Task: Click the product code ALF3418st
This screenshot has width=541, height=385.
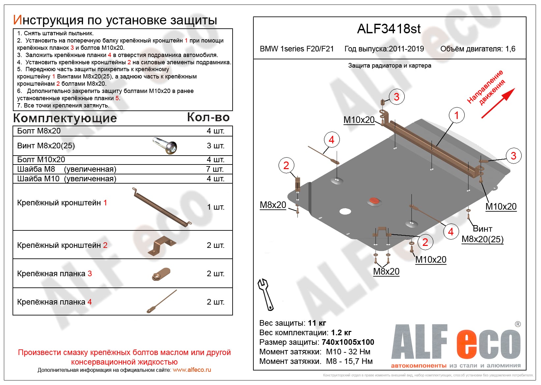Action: pos(389,29)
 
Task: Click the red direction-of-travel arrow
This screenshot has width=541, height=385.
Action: pos(498,103)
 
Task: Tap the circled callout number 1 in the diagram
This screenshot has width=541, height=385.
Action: pos(456,115)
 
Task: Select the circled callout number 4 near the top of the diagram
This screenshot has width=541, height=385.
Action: pos(331,140)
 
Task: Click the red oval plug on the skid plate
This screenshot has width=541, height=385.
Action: pos(374,201)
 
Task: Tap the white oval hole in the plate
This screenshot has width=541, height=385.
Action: pos(345,211)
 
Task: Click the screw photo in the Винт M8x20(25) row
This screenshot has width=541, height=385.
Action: pos(165,146)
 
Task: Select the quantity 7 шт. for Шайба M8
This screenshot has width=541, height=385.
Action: pos(215,169)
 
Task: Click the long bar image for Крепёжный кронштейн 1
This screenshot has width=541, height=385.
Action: pos(161,207)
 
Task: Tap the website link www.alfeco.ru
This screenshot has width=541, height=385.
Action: pos(192,370)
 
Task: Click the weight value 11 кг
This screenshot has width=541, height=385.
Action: pos(317,323)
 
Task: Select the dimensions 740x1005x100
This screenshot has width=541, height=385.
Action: pos(348,342)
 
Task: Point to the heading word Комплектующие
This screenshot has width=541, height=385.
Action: pos(65,118)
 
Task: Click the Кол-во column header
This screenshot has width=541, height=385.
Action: pos(208,117)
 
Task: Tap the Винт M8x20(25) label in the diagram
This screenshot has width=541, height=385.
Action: pos(482,234)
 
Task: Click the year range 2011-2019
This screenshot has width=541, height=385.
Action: pos(406,49)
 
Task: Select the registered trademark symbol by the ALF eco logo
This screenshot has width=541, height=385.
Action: pos(518,324)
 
